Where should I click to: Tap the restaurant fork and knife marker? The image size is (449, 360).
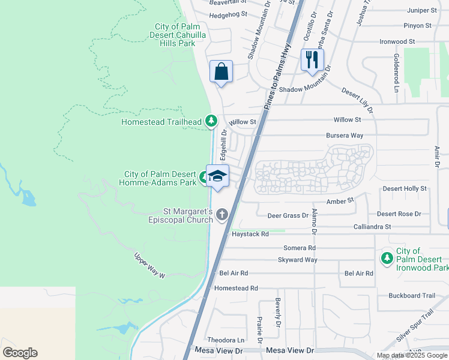pos(312,59)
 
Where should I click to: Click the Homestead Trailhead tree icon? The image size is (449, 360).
pos(211,121)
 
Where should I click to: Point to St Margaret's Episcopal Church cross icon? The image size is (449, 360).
pos(223,214)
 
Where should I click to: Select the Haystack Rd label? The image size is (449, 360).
pos(250,234)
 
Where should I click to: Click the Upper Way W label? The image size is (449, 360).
pos(149,265)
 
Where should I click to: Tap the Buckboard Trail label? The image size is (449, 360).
pos(411,295)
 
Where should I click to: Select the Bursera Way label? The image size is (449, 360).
pos(345,136)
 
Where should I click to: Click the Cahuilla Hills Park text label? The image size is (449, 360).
pos(175,35)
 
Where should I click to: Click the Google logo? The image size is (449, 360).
pos(20,353)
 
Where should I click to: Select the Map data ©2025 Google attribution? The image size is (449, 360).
pos(411,355)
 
